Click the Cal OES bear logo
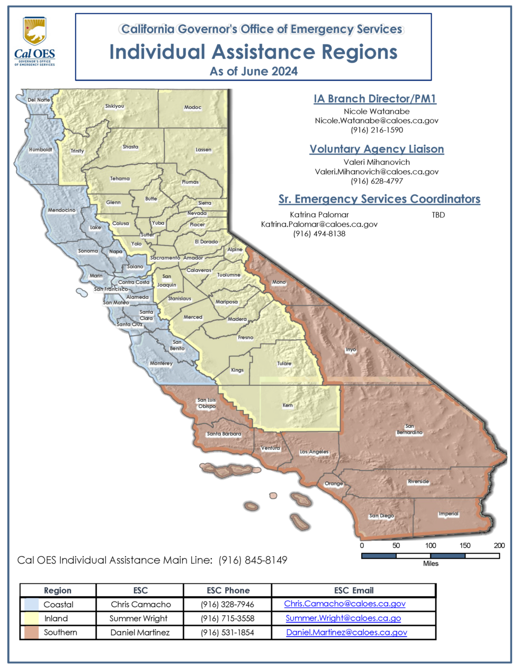click(34, 32)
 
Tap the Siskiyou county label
click(114, 106)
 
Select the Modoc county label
click(193, 108)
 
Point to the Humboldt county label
click(40, 150)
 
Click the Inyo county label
click(351, 350)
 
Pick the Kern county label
click(288, 405)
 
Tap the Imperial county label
click(449, 514)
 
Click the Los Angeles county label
click(314, 452)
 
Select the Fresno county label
click(246, 338)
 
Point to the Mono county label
click(279, 282)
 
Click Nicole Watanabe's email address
click(377, 121)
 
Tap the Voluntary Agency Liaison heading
click(377, 149)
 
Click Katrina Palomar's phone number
click(319, 234)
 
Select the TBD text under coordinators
click(439, 215)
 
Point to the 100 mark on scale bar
click(431, 545)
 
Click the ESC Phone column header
click(228, 590)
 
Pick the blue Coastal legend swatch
click(32, 604)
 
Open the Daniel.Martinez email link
click(346, 632)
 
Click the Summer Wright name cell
click(138, 618)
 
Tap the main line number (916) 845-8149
click(253, 560)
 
